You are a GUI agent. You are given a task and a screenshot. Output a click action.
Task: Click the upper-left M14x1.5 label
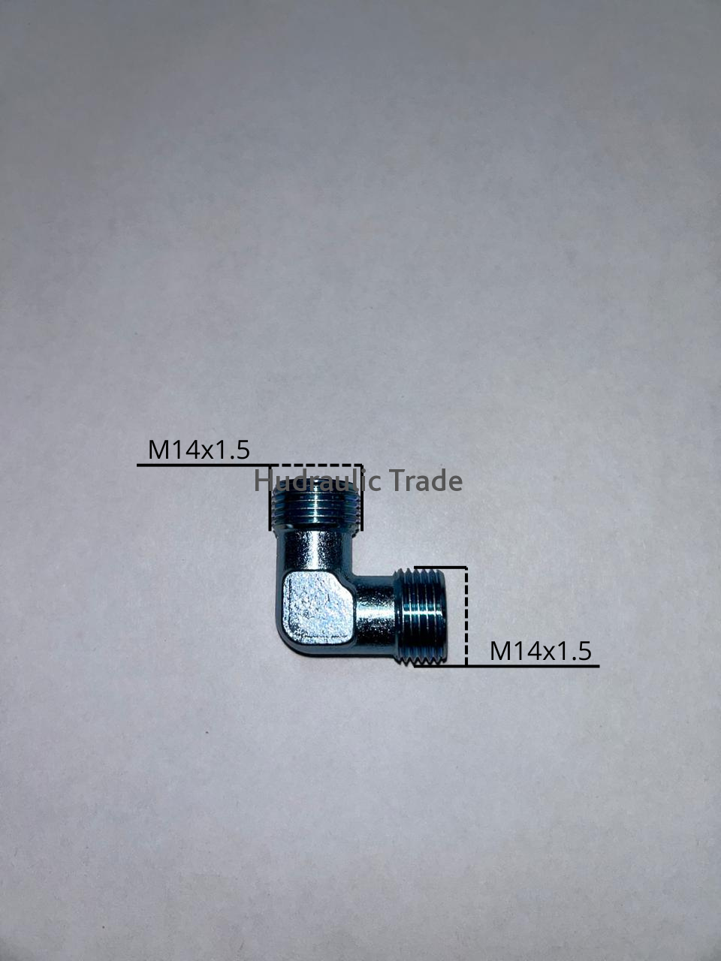pyautogui.click(x=199, y=450)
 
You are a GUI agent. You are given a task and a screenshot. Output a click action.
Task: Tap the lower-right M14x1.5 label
pyautogui.click(x=541, y=651)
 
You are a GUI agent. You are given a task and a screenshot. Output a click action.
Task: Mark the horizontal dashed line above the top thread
pyautogui.click(x=316, y=465)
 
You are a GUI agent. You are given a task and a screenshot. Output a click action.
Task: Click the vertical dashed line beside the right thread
pyautogui.click(x=466, y=616)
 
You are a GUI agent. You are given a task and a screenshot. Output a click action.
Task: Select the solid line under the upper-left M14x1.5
pyautogui.click(x=204, y=465)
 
